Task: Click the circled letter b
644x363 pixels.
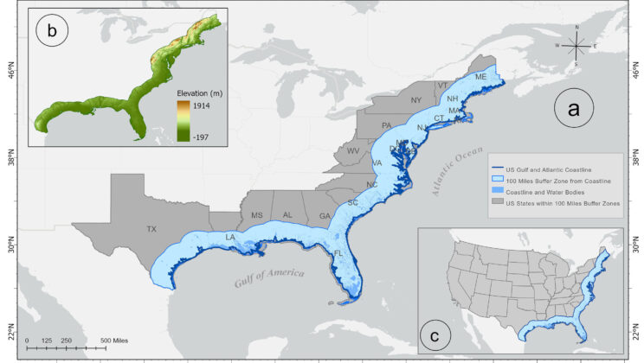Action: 52,33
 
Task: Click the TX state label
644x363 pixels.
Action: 152,230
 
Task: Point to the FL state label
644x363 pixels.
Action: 338,253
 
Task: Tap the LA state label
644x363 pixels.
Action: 230,237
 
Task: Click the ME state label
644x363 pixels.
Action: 481,78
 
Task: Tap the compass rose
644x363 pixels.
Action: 578,45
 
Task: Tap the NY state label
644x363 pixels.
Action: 416,100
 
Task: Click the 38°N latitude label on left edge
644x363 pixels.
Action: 7,159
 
